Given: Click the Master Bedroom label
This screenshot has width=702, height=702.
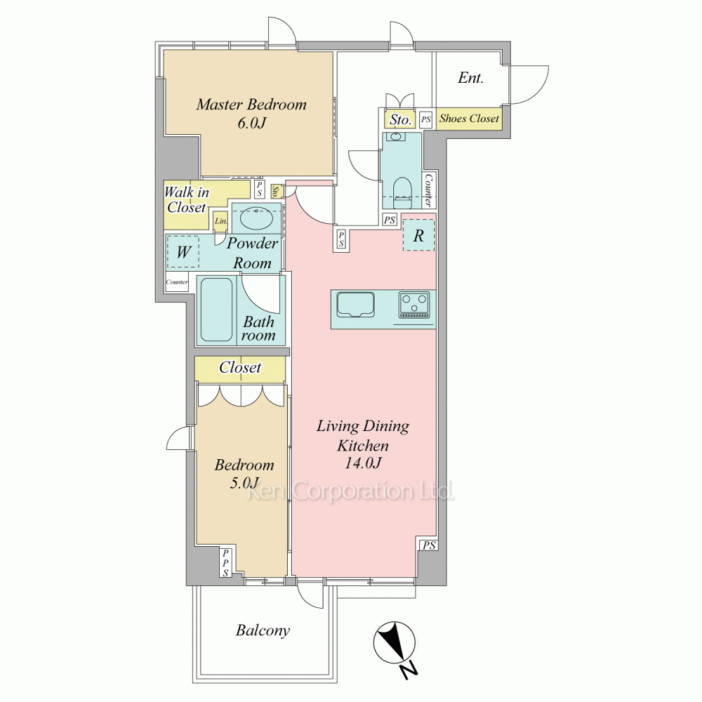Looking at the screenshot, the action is tap(251, 105).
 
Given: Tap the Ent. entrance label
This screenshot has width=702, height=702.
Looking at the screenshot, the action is tap(470, 78).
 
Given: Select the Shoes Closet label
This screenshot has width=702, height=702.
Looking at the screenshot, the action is tap(469, 118).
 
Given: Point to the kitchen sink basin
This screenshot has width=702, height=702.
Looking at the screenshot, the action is tap(356, 305).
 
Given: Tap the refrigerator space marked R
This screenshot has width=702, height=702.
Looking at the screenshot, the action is tap(418, 235).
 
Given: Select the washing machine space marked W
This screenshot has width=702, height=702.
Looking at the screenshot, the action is tap(183, 252).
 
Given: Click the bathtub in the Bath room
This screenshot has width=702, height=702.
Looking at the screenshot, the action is tap(216, 310).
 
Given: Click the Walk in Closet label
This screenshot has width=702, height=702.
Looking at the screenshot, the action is tap(186, 199).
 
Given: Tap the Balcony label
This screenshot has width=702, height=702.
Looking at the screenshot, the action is tap(263, 630).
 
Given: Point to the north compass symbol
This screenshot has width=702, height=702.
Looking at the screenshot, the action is tap(395, 644).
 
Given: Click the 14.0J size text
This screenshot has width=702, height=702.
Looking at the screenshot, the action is tap(363, 463).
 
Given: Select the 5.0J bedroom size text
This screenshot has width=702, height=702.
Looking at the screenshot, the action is tap(244, 483).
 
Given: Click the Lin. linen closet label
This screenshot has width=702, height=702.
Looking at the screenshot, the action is tap(221, 220).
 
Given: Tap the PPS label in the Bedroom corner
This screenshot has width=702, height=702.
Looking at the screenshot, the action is tap(225, 563).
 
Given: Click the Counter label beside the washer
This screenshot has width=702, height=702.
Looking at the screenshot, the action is tap(177, 282).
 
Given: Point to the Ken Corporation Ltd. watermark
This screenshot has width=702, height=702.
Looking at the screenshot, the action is tap(350, 491).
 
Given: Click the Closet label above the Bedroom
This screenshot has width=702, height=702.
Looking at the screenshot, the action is tap(240, 368).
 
